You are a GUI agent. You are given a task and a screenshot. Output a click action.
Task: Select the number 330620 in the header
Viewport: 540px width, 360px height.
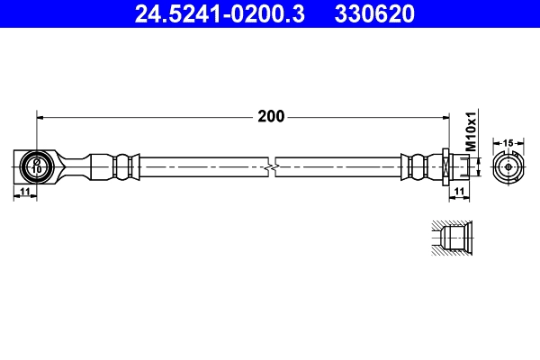(x=374, y=13)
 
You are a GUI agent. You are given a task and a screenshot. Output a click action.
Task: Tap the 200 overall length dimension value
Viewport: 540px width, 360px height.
(x=270, y=116)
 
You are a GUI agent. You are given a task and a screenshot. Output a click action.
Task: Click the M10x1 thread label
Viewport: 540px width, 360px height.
(x=470, y=130)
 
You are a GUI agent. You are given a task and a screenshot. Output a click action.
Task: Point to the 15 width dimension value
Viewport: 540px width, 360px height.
(x=508, y=142)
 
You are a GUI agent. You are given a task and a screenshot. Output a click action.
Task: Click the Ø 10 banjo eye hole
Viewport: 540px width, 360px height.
(x=37, y=166)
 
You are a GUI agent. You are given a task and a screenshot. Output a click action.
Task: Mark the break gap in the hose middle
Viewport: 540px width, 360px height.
(x=273, y=166)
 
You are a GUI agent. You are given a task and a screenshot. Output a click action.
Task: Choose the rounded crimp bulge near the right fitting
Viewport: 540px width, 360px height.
(x=416, y=166)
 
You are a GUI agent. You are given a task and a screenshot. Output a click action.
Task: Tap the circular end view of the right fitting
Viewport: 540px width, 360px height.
(x=508, y=166)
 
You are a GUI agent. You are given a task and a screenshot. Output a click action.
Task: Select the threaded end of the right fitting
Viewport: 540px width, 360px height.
(x=460, y=166)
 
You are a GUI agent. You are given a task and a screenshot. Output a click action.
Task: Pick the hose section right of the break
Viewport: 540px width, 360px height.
(x=337, y=166)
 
